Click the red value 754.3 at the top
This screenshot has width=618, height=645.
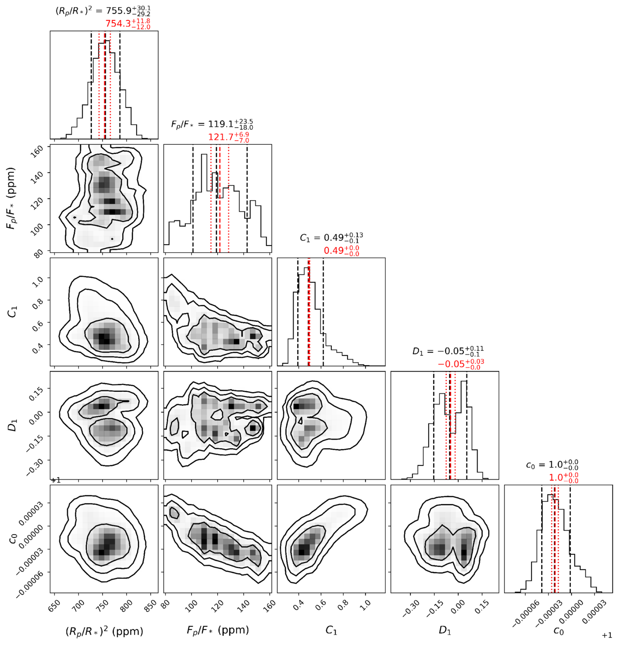pyautogui.click(x=118, y=24)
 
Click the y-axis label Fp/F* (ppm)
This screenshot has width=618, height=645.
pyautogui.click(x=12, y=198)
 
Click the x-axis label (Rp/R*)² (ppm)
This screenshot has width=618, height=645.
pyautogui.click(x=104, y=631)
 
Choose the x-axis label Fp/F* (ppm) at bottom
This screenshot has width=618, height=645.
pyautogui.click(x=218, y=630)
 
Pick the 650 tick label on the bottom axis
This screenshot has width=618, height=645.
pyautogui.click(x=54, y=606)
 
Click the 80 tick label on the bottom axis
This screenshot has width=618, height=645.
pyautogui.click(x=166, y=605)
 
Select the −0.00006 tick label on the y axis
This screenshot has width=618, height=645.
pyautogui.click(x=29, y=584)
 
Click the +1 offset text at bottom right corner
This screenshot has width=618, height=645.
pyautogui.click(x=607, y=635)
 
